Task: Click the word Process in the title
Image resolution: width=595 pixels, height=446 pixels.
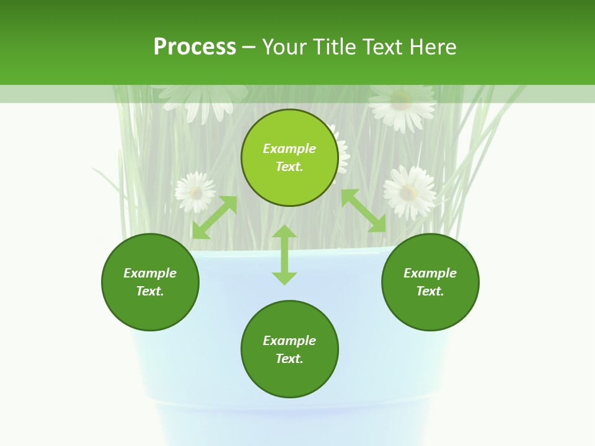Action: pos(195,47)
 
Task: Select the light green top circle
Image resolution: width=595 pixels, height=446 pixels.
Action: pos(289,158)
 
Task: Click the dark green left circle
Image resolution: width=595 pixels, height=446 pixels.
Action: pos(150,282)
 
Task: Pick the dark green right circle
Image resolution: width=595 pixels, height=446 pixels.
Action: pos(430,282)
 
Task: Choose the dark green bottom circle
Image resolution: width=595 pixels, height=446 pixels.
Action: pos(289,349)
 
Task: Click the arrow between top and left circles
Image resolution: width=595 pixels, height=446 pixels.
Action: pos(214,217)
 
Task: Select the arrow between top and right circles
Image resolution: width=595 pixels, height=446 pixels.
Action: pos(364,211)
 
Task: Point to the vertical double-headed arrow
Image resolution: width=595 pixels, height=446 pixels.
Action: pos(284,255)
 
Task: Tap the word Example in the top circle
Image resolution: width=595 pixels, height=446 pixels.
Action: pos(289,149)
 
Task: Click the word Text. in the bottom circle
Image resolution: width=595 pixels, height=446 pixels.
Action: pos(289,359)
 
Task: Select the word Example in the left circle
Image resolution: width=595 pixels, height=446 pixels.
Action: pos(150,273)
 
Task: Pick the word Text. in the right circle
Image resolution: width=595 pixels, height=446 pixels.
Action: pos(430,291)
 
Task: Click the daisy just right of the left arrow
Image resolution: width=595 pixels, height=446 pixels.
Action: pos(195,191)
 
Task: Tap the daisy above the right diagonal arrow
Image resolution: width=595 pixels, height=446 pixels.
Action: pos(409,191)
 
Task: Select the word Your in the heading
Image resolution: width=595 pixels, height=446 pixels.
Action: pos(284,47)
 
